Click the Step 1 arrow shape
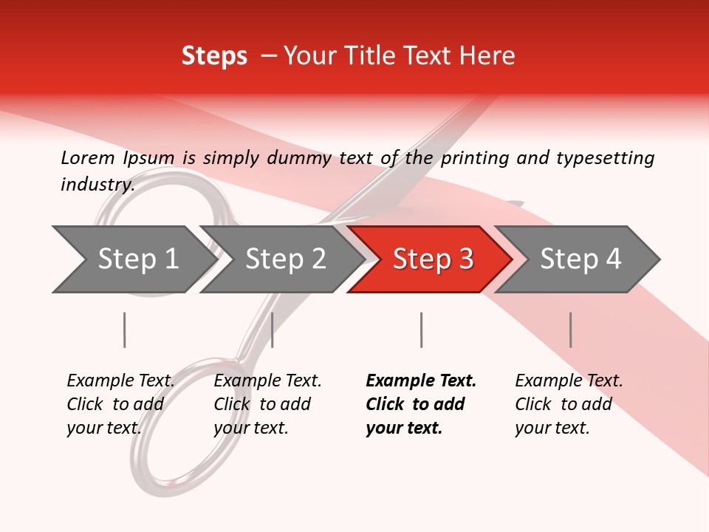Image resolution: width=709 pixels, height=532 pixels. coord(133,259)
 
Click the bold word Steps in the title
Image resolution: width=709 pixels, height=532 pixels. coord(214,56)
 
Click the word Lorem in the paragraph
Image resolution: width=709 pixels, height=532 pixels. coord(87,157)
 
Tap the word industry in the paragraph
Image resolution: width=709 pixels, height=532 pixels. coord(97,184)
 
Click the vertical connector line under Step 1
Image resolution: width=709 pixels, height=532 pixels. coord(124,330)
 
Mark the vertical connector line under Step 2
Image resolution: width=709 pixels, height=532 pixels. coord(273,330)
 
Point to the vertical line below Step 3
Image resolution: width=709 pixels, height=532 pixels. coord(421,330)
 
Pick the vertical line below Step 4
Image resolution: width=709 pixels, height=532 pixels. coord(570,330)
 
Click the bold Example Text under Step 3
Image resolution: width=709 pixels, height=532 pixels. coord(421,381)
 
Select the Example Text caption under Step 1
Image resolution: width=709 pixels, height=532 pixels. coord(120,381)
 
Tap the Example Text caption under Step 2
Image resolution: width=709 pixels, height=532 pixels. coord(267,381)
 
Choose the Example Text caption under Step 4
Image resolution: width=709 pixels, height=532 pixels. coord(569,381)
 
